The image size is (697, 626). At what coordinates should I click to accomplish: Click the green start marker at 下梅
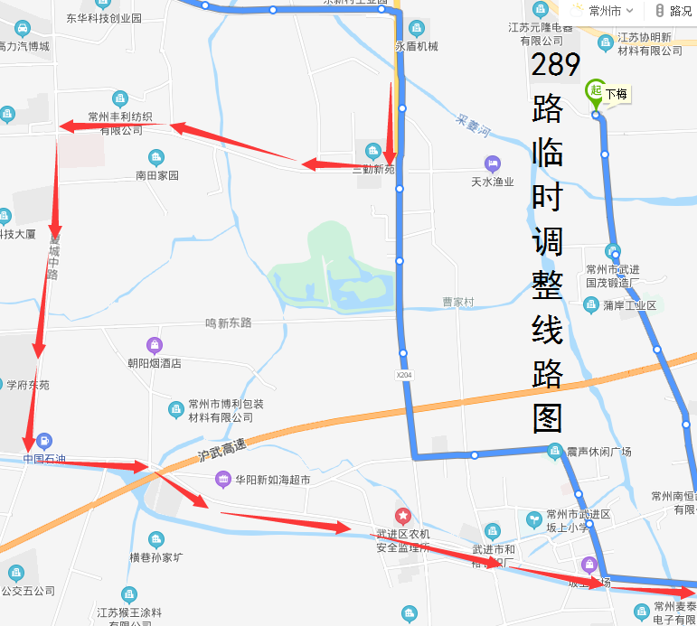pos(595,91)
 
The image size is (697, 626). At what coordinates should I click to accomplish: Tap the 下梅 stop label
pos(617,94)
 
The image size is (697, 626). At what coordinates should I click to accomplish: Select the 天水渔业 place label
pos(493,182)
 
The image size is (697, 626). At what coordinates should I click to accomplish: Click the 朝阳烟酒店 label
pos(155,363)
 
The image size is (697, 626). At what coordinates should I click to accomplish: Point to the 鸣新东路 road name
pos(228,322)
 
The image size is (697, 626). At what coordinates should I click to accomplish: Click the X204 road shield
pos(403,374)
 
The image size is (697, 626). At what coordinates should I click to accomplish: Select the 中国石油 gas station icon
pos(43,443)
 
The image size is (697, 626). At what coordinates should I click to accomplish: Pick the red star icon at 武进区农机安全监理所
pos(403,516)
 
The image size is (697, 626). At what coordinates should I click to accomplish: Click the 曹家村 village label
pos(458,302)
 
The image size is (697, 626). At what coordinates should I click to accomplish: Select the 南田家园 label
pos(157,175)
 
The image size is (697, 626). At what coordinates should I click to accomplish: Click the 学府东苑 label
pos(28,385)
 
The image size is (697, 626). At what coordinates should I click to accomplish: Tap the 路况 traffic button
pos(673,11)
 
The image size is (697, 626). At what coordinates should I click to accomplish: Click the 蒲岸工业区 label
pos(629,305)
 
